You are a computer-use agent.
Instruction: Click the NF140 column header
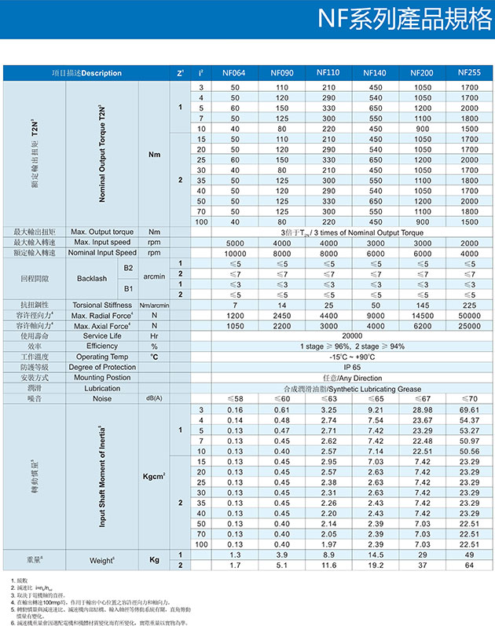coord(375,73)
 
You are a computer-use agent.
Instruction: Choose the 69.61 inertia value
coord(469,410)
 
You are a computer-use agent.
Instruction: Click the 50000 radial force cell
coord(469,314)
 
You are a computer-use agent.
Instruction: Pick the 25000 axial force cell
coord(469,325)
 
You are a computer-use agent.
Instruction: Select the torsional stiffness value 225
coord(469,304)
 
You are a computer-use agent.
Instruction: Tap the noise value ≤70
coord(469,399)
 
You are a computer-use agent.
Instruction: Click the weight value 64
coord(469,565)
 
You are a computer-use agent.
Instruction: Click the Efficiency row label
coord(102,346)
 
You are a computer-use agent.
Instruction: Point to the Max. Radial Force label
coord(103,314)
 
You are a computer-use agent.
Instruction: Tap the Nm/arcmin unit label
coord(154,304)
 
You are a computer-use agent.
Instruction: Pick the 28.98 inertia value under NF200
coord(423,410)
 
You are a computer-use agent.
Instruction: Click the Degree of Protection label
coord(102,367)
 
